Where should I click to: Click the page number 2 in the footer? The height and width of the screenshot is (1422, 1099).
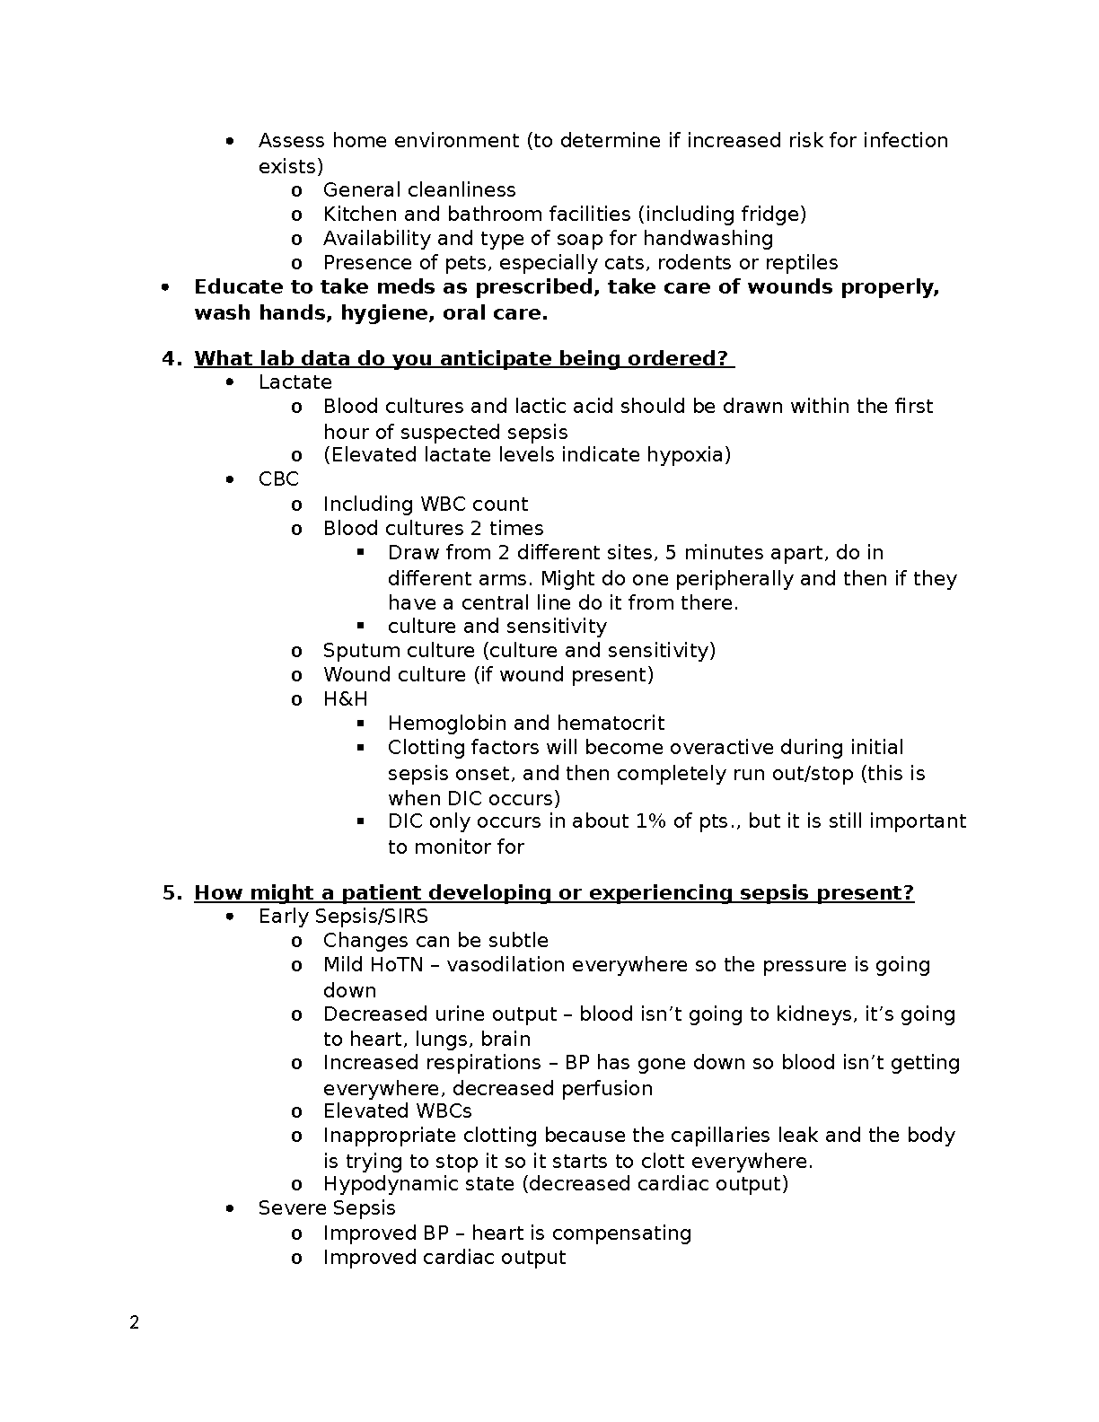coord(135,1322)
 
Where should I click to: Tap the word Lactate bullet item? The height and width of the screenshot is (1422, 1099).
coord(295,382)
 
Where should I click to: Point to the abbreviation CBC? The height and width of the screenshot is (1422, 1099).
coord(278,479)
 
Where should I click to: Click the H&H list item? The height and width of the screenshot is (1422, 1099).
coord(346,698)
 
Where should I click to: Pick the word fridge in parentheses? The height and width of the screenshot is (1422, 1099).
coord(770,215)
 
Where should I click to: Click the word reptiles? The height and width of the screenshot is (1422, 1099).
coord(802,263)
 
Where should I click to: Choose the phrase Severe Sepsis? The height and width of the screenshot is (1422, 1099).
coord(327,1208)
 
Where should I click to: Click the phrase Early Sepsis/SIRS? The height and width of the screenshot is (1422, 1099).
coord(343,917)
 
